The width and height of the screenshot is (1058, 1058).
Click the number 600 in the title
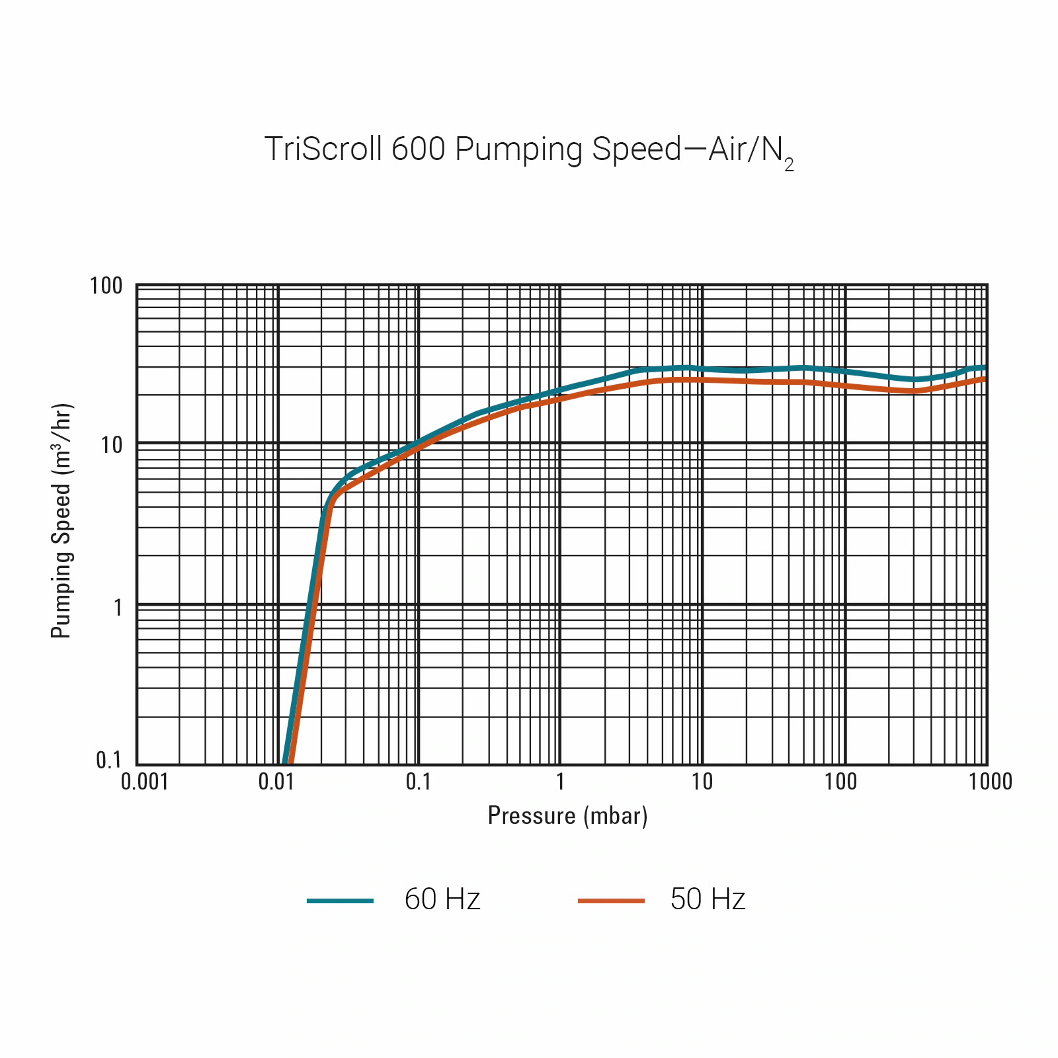click(418, 149)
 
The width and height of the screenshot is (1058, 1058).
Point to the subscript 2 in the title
click(789, 165)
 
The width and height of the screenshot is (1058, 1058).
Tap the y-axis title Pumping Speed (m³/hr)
click(61, 521)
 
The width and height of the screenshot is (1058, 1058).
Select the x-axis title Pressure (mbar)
click(567, 816)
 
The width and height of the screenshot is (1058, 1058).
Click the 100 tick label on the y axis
click(106, 286)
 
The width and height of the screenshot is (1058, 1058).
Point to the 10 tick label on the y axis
click(112, 446)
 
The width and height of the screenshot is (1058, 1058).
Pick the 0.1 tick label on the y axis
click(109, 760)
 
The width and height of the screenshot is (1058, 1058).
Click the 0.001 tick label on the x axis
click(145, 782)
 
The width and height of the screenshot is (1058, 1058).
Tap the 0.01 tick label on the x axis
click(276, 782)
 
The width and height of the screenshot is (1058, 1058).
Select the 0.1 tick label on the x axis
click(418, 782)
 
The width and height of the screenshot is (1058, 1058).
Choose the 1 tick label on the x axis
click(560, 782)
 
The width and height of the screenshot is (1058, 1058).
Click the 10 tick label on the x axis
click(702, 782)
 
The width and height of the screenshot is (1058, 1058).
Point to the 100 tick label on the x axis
click(840, 782)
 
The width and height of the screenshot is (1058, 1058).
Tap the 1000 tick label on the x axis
click(991, 782)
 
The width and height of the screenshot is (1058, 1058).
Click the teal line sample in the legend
click(341, 901)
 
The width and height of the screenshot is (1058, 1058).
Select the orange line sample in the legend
click(611, 901)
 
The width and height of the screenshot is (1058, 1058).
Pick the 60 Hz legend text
click(442, 899)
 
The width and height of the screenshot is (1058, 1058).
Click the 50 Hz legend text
click(708, 899)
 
